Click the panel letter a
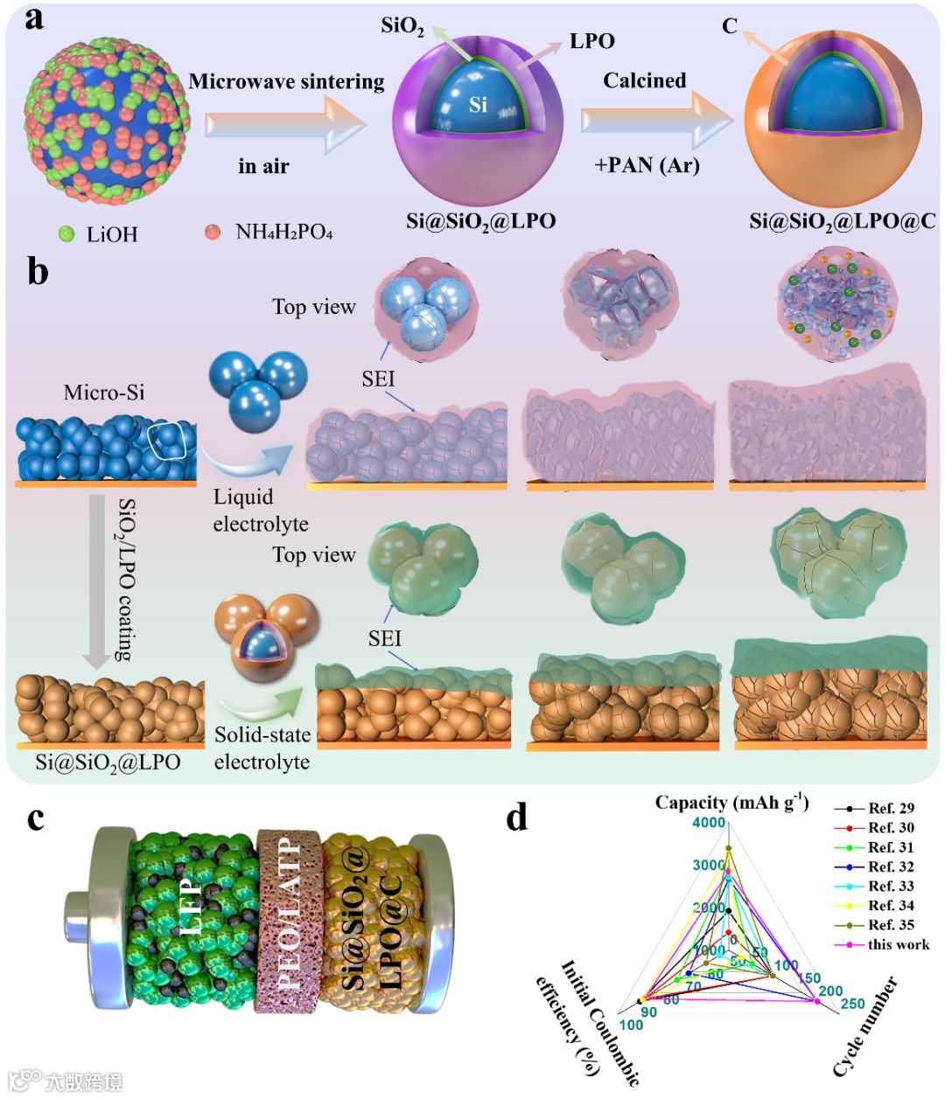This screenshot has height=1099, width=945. tap(34, 18)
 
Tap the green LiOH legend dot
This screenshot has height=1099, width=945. tap(66, 233)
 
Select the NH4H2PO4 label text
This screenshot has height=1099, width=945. tap(283, 233)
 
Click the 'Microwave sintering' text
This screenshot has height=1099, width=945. tap(286, 82)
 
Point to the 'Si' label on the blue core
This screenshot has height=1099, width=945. tap(478, 105)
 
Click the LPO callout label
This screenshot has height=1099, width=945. tap(592, 41)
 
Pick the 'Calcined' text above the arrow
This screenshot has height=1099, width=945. tap(644, 80)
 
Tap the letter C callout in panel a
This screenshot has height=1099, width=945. tap(730, 26)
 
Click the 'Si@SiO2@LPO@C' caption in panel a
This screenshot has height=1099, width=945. tap(842, 222)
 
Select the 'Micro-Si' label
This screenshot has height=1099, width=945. tap(104, 393)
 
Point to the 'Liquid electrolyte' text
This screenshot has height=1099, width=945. tap(261, 511)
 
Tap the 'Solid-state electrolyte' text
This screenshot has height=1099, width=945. tap(262, 748)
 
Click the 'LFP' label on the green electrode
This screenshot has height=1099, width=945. tap(192, 909)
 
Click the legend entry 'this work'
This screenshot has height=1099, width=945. tap(898, 944)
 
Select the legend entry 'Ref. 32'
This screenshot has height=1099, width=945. tap(890, 866)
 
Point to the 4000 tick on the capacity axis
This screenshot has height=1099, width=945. tap(709, 823)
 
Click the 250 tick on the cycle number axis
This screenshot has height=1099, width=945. tap(852, 1004)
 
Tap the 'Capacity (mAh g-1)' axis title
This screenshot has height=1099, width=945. tap(731, 803)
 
